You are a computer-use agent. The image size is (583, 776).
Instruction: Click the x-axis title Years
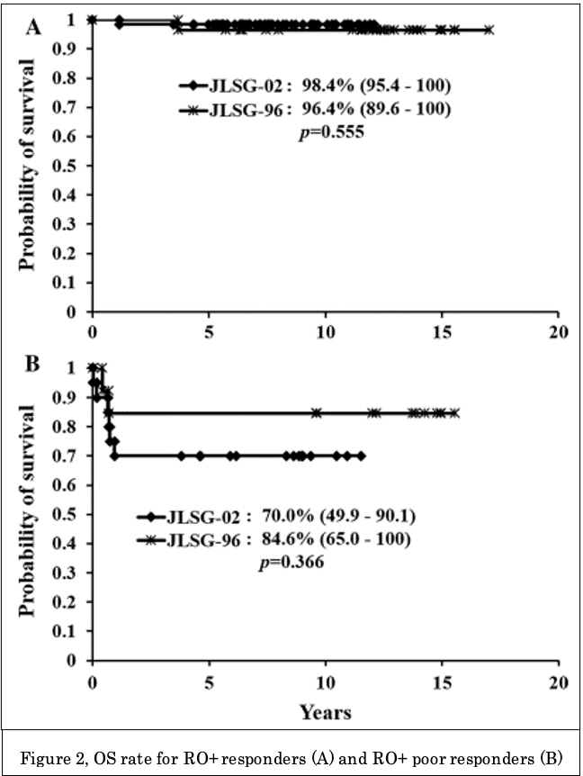click(325, 712)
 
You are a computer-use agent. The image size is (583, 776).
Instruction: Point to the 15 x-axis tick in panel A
click(442, 331)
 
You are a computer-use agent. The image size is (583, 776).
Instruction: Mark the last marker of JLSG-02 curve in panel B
click(361, 456)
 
